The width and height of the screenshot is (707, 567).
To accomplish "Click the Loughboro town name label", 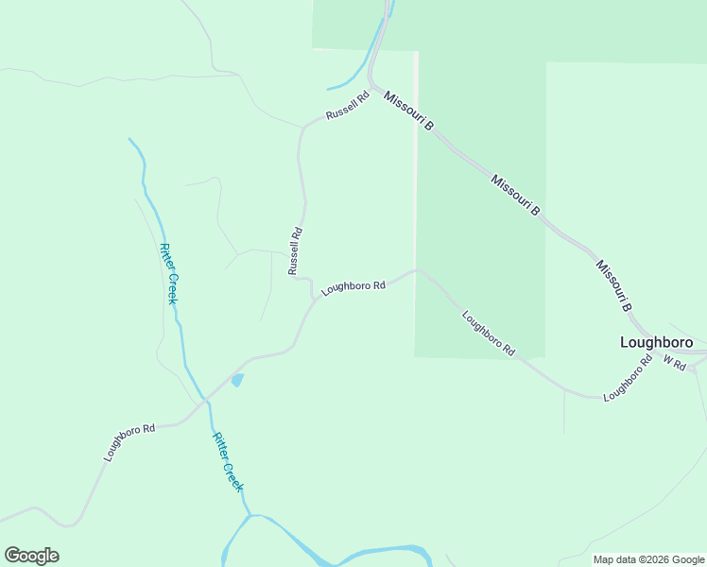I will pyautogui.click(x=656, y=343).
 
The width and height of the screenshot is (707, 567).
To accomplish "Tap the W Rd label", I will pyautogui.click(x=673, y=362).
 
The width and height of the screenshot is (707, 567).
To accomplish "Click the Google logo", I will pyautogui.click(x=31, y=556).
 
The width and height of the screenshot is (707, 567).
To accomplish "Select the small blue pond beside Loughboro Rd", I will pyautogui.click(x=237, y=380).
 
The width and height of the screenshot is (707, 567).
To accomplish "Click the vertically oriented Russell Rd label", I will pyautogui.click(x=296, y=249).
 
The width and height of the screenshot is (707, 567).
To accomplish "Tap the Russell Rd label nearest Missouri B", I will pyautogui.click(x=346, y=107).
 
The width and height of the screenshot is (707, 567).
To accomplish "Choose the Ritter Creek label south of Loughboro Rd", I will pyautogui.click(x=228, y=462).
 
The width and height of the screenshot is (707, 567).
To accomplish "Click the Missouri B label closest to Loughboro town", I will pyautogui.click(x=612, y=284).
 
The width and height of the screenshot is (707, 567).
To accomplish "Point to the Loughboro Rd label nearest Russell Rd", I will pyautogui.click(x=353, y=287).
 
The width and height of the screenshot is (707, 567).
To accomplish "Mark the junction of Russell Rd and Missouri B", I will pyautogui.click(x=371, y=88).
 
